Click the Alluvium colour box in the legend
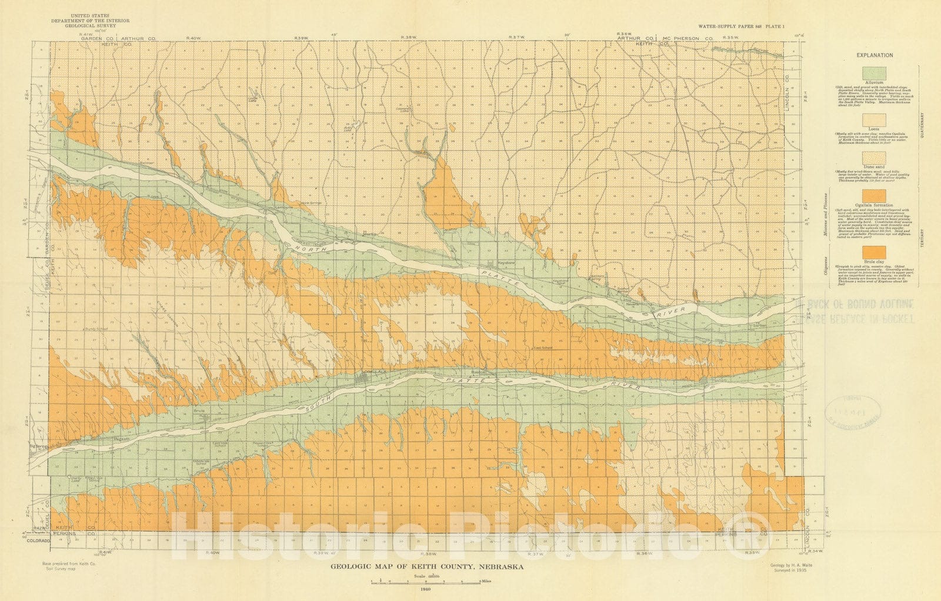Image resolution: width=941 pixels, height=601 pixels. (x=874, y=74)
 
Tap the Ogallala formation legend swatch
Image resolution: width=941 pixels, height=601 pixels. (x=874, y=195)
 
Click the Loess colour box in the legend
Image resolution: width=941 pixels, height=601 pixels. (x=874, y=119)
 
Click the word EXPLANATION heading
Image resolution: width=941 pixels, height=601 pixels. (x=874, y=55)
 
